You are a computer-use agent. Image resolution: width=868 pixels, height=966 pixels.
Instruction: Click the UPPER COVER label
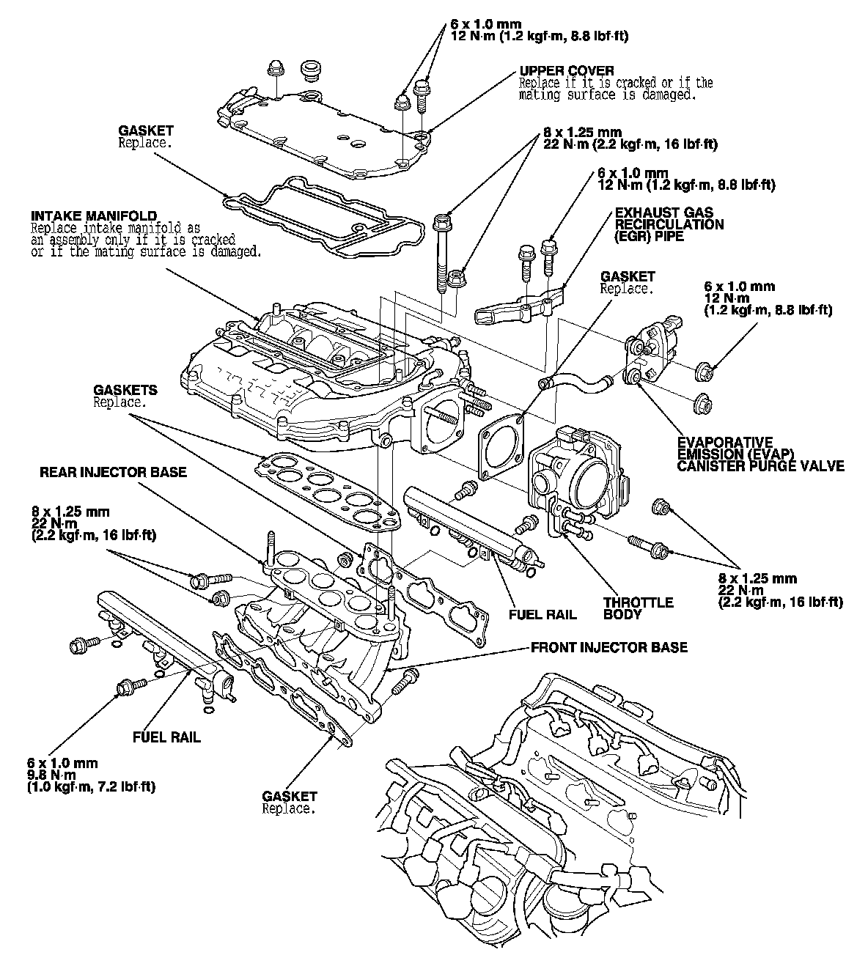[x=566, y=71]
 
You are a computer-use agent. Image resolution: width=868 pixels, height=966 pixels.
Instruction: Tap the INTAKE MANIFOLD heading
[x=94, y=216]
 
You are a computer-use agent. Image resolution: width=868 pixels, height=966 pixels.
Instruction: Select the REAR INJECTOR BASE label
[x=113, y=472]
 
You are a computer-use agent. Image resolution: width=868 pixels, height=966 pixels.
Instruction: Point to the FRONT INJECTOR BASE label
[x=609, y=647]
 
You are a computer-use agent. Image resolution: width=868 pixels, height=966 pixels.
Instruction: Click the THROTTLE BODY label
[x=638, y=608]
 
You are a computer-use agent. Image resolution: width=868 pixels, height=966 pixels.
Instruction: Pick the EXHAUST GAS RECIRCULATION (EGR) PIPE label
[x=669, y=224]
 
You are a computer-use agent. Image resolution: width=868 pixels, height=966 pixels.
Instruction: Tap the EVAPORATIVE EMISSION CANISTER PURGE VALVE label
[x=760, y=454]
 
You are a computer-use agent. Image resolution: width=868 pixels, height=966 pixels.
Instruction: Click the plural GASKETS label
[x=125, y=390]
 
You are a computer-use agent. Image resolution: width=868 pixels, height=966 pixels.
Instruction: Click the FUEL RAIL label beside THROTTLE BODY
[x=542, y=615]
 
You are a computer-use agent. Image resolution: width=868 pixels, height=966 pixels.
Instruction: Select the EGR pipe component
[x=520, y=305]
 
